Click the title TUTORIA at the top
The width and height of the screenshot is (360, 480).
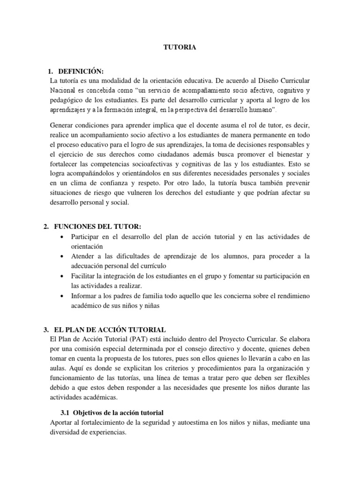(x=180, y=47)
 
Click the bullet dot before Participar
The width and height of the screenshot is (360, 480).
(x=62, y=237)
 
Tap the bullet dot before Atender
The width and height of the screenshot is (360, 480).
(x=62, y=257)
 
